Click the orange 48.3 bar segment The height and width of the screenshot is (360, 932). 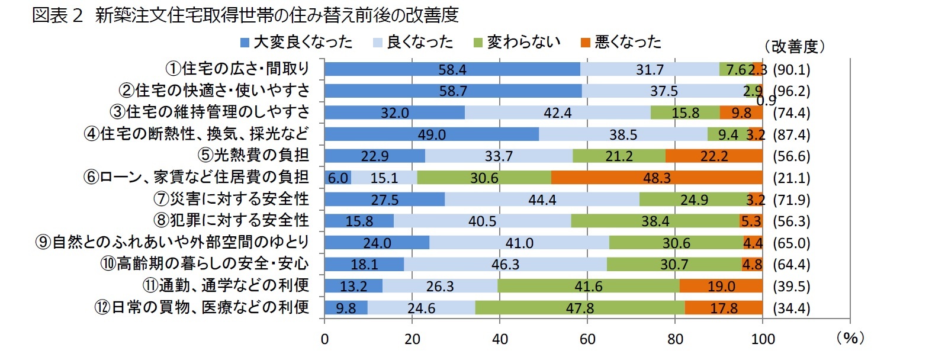tap(656, 178)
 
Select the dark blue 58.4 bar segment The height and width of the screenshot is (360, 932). tap(452, 69)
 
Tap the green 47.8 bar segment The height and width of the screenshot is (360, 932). tap(580, 308)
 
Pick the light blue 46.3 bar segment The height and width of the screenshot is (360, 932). tap(505, 264)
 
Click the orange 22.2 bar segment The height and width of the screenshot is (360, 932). tap(714, 156)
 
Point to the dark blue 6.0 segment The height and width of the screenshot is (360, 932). tap(338, 178)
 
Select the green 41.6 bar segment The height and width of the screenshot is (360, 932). tap(588, 286)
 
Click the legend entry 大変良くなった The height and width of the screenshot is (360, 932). tap(295, 42)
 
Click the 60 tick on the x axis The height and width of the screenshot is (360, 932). tap(587, 339)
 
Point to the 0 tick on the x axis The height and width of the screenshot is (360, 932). tap(324, 339)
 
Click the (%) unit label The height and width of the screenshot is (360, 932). tap(850, 338)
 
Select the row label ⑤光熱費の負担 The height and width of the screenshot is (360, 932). tap(253, 155)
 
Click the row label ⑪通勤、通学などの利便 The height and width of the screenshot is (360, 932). tap(226, 285)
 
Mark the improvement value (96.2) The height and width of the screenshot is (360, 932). tap(792, 91)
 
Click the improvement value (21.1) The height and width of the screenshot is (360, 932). tap(792, 178)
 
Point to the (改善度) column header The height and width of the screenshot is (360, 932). tap(793, 47)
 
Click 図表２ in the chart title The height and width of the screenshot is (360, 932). tap(57, 15)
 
